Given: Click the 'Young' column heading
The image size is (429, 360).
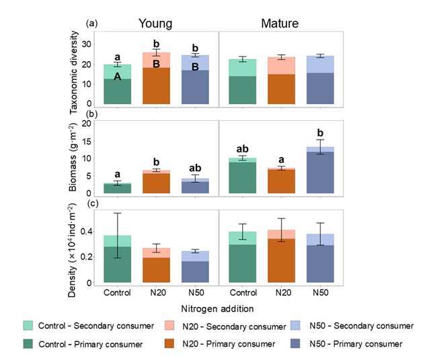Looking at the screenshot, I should pyautogui.click(x=155, y=23).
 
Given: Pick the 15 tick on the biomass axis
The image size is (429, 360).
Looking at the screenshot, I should pyautogui.click(x=95, y=141).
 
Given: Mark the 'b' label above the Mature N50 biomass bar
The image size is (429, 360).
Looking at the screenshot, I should pyautogui.click(x=321, y=132).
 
